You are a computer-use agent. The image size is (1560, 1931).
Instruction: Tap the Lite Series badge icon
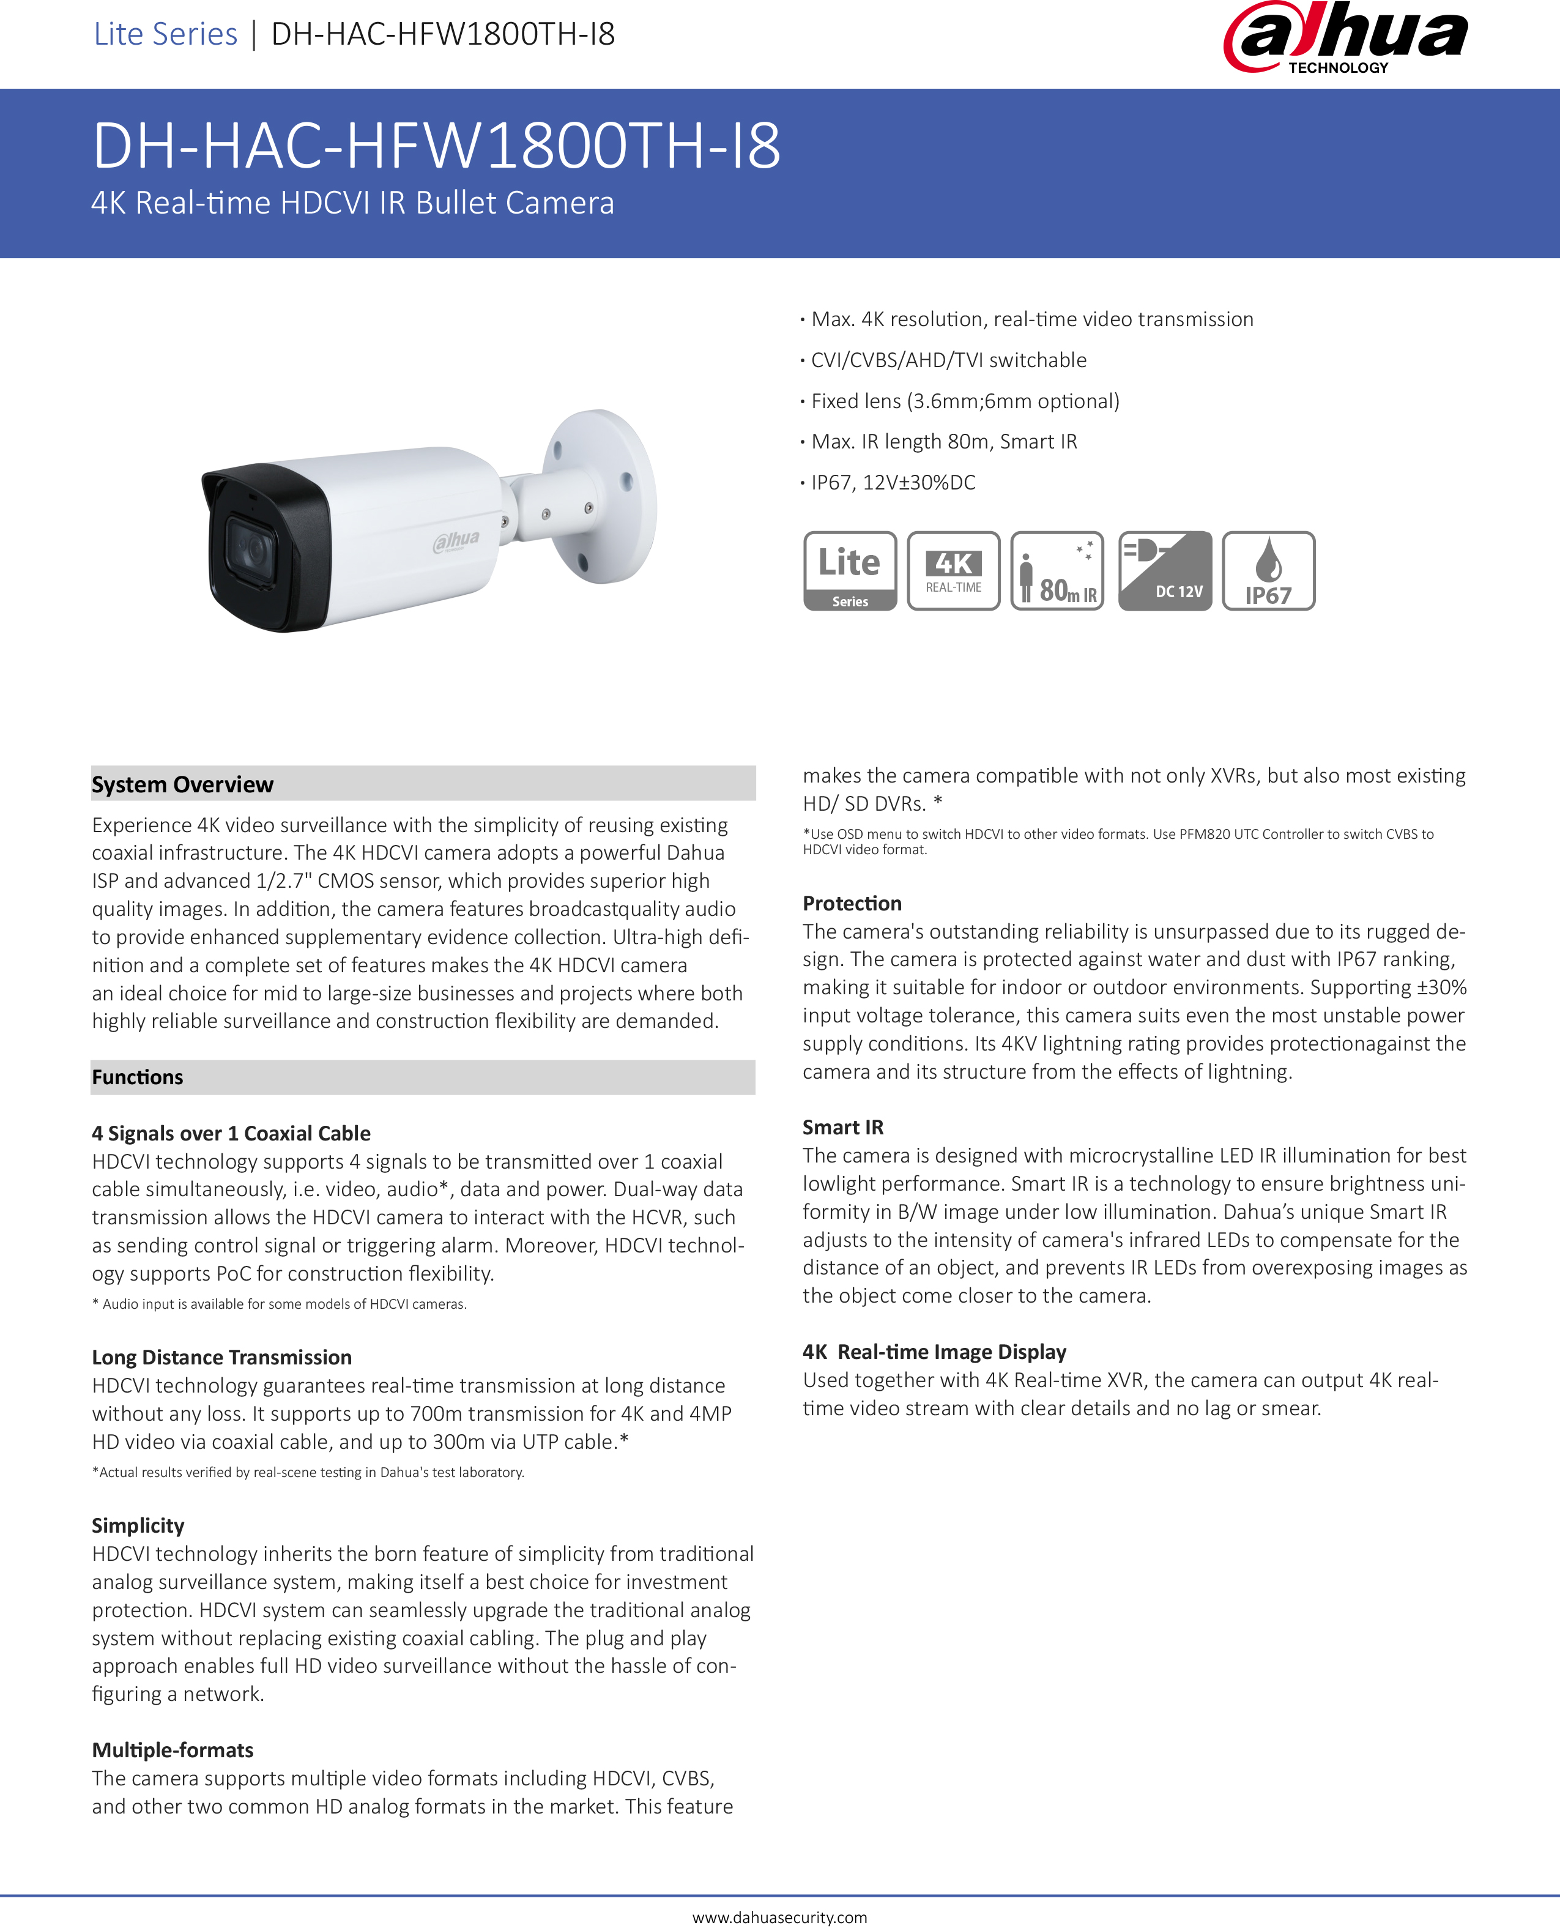tap(849, 571)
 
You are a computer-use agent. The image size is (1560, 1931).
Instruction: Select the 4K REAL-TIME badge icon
tap(953, 571)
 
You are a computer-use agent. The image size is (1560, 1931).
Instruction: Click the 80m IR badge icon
tap(1057, 571)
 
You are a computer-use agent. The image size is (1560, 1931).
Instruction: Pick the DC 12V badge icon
tap(1165, 571)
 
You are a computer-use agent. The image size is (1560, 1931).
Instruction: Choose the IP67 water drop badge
tap(1268, 571)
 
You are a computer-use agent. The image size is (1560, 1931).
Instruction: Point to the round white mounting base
tap(602, 494)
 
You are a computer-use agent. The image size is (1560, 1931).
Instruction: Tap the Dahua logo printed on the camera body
tap(456, 540)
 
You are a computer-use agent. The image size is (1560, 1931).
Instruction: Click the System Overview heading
tap(182, 784)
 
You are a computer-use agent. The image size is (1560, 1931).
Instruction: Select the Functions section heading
tap(138, 1077)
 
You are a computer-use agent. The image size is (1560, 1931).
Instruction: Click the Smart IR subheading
tap(843, 1127)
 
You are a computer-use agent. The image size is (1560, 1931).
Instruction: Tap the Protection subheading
tap(852, 903)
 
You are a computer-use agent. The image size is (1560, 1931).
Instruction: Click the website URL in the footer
tap(779, 1917)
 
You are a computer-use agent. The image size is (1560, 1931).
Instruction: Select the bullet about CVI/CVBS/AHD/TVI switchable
tap(948, 360)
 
